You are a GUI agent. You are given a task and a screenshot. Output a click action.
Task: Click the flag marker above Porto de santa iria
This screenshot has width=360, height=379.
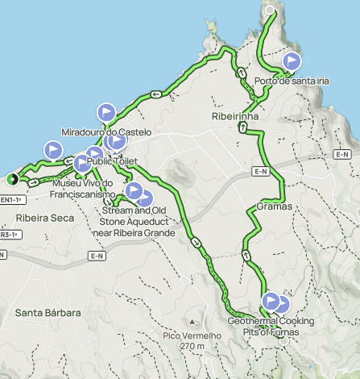pos(292,61)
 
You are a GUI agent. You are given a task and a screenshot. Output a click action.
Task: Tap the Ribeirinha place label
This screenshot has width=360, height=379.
pos(234,116)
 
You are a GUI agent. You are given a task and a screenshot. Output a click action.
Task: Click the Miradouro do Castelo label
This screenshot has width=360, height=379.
pos(106,131)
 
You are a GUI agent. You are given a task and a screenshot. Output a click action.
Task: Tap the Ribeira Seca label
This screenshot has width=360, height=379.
pos(39,219)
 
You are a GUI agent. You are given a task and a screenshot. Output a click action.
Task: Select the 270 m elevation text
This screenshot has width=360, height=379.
pos(192,346)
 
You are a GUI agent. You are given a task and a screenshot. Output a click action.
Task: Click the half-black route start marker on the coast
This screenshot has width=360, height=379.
pos(12,179)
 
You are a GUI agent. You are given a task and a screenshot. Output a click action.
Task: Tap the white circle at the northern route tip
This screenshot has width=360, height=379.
pos(269,10)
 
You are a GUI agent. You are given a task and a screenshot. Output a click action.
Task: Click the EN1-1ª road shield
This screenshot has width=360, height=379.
pos(10,199)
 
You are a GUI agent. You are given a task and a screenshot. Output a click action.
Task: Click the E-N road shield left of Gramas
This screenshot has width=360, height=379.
pos(259,172)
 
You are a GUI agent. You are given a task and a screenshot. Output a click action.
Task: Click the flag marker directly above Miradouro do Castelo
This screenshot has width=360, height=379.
pos(106,112)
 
